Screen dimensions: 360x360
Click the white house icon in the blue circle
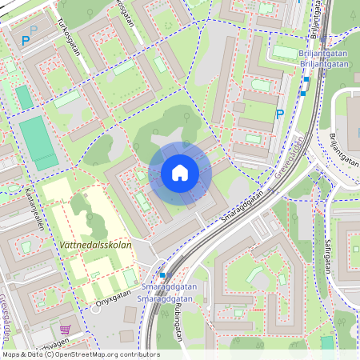pos(180,173)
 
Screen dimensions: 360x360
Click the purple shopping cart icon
pos(65,330)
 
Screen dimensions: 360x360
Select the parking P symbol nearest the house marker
pos(279,115)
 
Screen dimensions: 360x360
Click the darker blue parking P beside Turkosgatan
pos(26,40)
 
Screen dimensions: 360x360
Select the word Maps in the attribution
pos(11,354)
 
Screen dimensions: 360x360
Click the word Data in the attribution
pos(35,354)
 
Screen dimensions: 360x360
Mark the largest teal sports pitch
pos(38,142)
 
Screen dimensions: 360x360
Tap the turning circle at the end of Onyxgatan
pos(98,308)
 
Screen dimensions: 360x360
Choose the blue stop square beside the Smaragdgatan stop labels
pos(163,274)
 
